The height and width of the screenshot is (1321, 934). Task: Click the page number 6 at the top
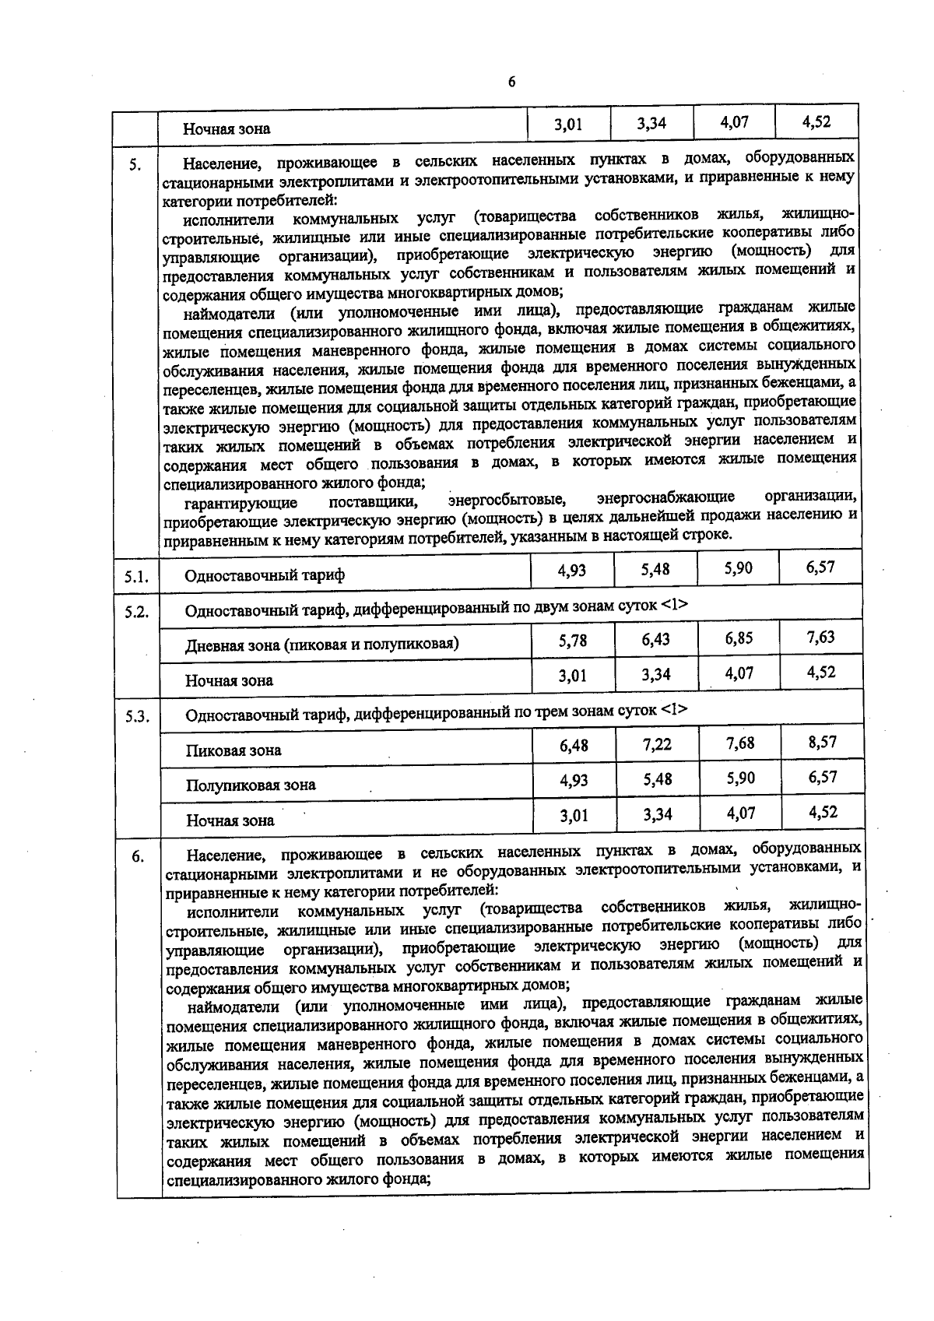pyautogui.click(x=511, y=83)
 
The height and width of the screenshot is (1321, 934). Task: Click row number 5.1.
pyautogui.click(x=136, y=577)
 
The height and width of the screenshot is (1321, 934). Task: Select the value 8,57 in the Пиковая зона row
pyautogui.click(x=823, y=743)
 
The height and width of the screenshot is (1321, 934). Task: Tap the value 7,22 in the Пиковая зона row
pyautogui.click(x=657, y=745)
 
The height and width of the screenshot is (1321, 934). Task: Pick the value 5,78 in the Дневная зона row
pyautogui.click(x=573, y=641)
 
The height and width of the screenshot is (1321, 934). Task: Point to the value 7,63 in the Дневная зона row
pyautogui.click(x=821, y=638)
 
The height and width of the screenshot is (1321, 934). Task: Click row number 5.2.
pyautogui.click(x=136, y=611)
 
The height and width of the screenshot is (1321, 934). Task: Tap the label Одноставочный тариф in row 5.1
pyautogui.click(x=265, y=576)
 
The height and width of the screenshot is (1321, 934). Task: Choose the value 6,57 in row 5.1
pyautogui.click(x=821, y=567)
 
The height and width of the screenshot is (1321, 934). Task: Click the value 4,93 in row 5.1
pyautogui.click(x=572, y=571)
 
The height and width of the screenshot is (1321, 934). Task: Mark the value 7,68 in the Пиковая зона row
pyautogui.click(x=739, y=743)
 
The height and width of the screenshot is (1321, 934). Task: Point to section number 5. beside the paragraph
pyautogui.click(x=135, y=164)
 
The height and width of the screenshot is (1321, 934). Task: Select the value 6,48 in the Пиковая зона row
pyautogui.click(x=574, y=746)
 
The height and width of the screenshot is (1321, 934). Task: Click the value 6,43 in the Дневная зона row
pyautogui.click(x=656, y=640)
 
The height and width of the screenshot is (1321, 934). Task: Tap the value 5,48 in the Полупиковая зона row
pyautogui.click(x=657, y=779)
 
